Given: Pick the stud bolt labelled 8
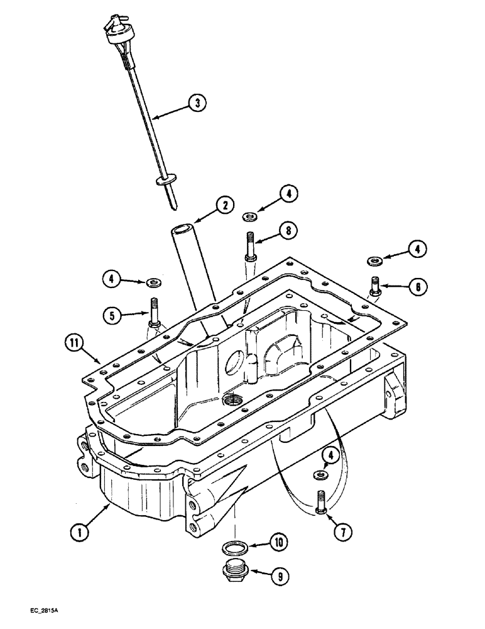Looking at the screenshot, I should pos(250,247).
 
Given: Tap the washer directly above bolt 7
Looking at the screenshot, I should pos(321,473).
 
